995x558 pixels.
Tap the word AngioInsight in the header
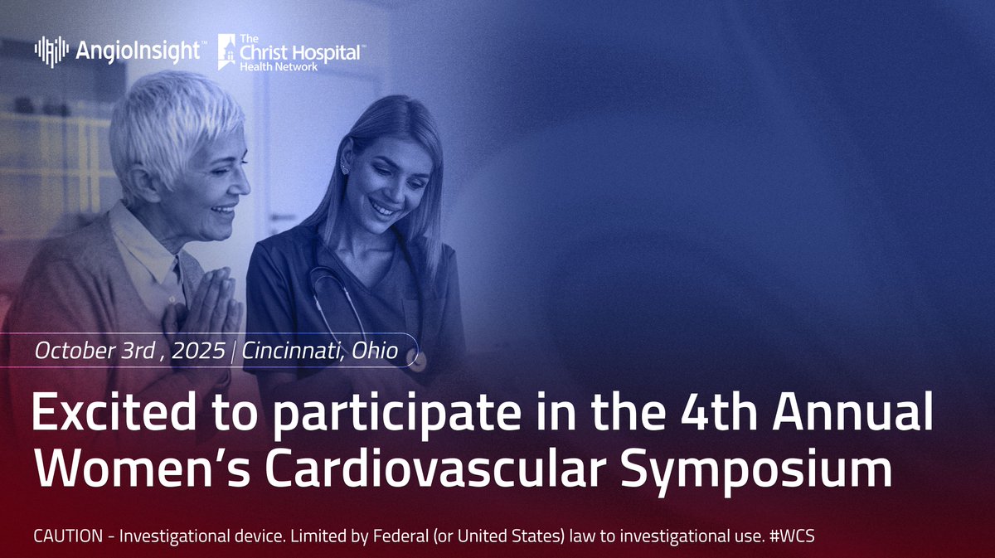tap(138, 51)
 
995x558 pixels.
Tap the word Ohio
tap(375, 352)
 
